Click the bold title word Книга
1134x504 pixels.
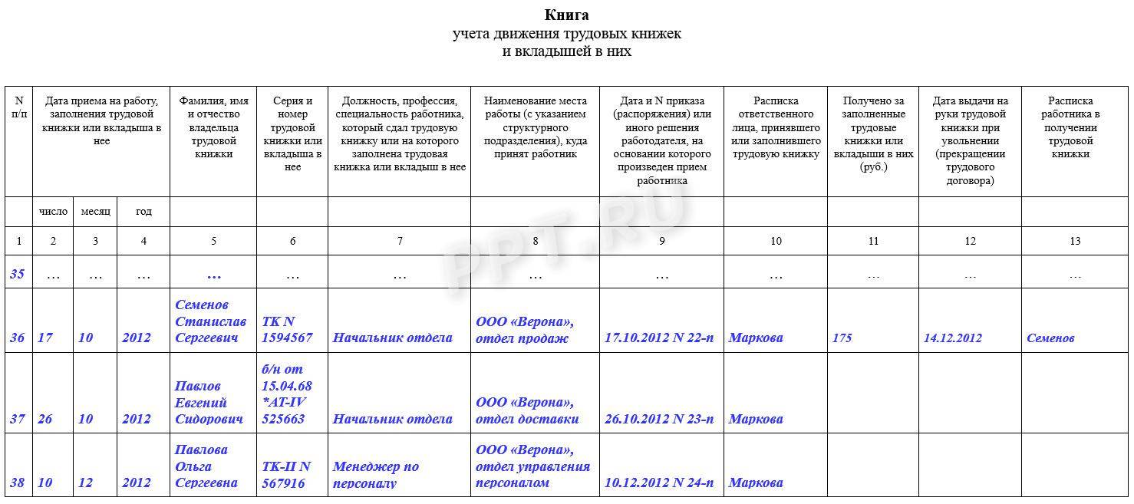(x=566, y=15)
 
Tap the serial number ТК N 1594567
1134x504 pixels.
(x=287, y=330)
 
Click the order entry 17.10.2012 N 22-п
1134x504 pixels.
(x=659, y=338)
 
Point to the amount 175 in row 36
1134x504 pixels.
(x=842, y=338)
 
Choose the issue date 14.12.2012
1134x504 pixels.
(x=953, y=338)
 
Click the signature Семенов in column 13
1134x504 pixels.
(x=1050, y=338)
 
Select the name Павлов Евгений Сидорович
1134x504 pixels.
(x=209, y=403)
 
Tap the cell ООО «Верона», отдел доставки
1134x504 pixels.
(x=527, y=410)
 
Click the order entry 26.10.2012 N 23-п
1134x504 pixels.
(x=659, y=419)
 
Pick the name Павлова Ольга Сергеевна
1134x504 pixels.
(x=206, y=466)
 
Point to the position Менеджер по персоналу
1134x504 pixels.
(x=375, y=474)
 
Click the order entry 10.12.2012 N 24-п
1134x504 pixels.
(x=659, y=483)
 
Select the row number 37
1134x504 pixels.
(x=18, y=419)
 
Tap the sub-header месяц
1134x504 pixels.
(x=95, y=212)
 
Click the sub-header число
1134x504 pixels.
(x=53, y=212)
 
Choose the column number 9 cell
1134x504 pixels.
(x=661, y=241)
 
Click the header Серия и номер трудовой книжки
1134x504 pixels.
(x=292, y=133)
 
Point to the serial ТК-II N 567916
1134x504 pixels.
(x=286, y=474)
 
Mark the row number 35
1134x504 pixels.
(x=18, y=274)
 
